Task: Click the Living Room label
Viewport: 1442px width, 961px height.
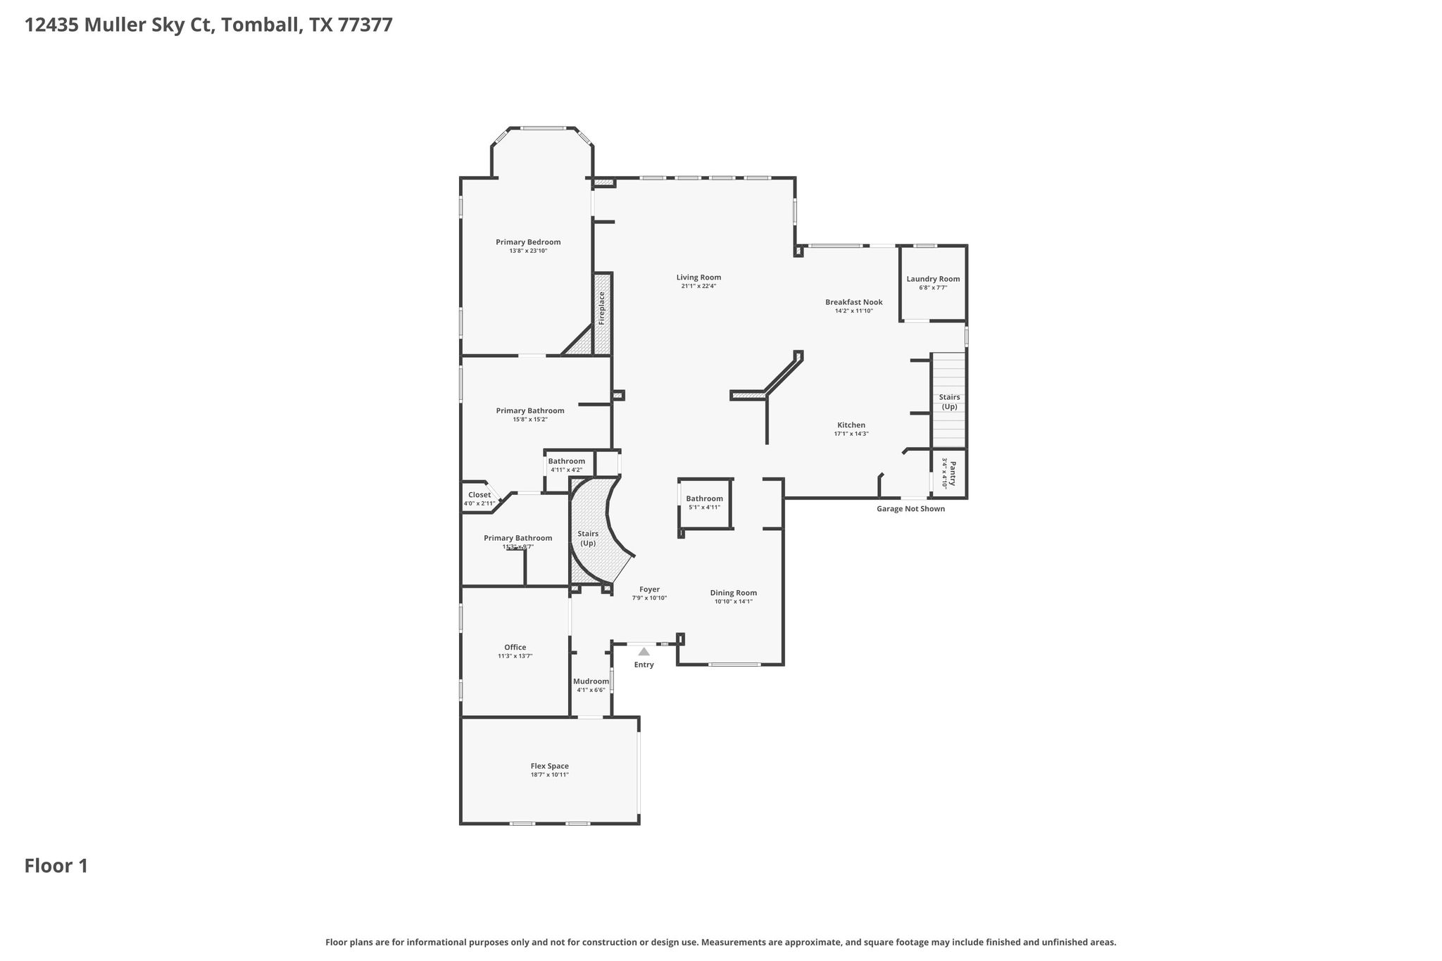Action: coord(698,277)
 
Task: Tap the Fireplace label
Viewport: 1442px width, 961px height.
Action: coord(602,308)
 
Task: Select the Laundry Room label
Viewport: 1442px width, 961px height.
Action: coord(933,279)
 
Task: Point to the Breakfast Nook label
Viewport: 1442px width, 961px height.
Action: coord(853,302)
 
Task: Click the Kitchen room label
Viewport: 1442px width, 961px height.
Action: coord(851,425)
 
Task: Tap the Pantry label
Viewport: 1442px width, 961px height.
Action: coord(953,473)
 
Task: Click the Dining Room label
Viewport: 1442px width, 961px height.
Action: coord(733,593)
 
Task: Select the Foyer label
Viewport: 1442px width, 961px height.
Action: coord(649,589)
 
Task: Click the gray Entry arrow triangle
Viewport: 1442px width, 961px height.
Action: coord(644,652)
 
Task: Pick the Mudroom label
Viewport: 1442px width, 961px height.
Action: coord(591,682)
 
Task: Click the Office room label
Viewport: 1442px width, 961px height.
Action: coord(515,648)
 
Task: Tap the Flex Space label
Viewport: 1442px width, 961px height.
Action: coord(549,766)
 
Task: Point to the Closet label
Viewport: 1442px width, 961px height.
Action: coord(479,495)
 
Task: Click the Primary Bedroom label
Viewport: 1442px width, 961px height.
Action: coord(528,242)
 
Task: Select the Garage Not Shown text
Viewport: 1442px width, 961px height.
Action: coord(910,509)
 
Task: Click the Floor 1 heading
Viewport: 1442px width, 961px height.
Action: coord(56,866)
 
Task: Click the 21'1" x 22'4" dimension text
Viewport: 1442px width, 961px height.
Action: coord(698,286)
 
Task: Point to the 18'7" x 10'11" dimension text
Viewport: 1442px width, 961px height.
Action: coord(549,774)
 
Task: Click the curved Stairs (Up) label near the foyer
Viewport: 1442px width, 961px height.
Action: coord(588,538)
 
